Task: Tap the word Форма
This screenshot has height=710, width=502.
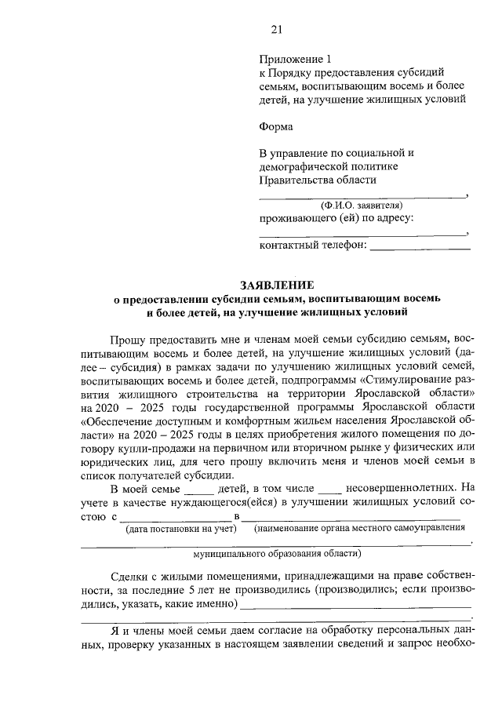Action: [x=275, y=126]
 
